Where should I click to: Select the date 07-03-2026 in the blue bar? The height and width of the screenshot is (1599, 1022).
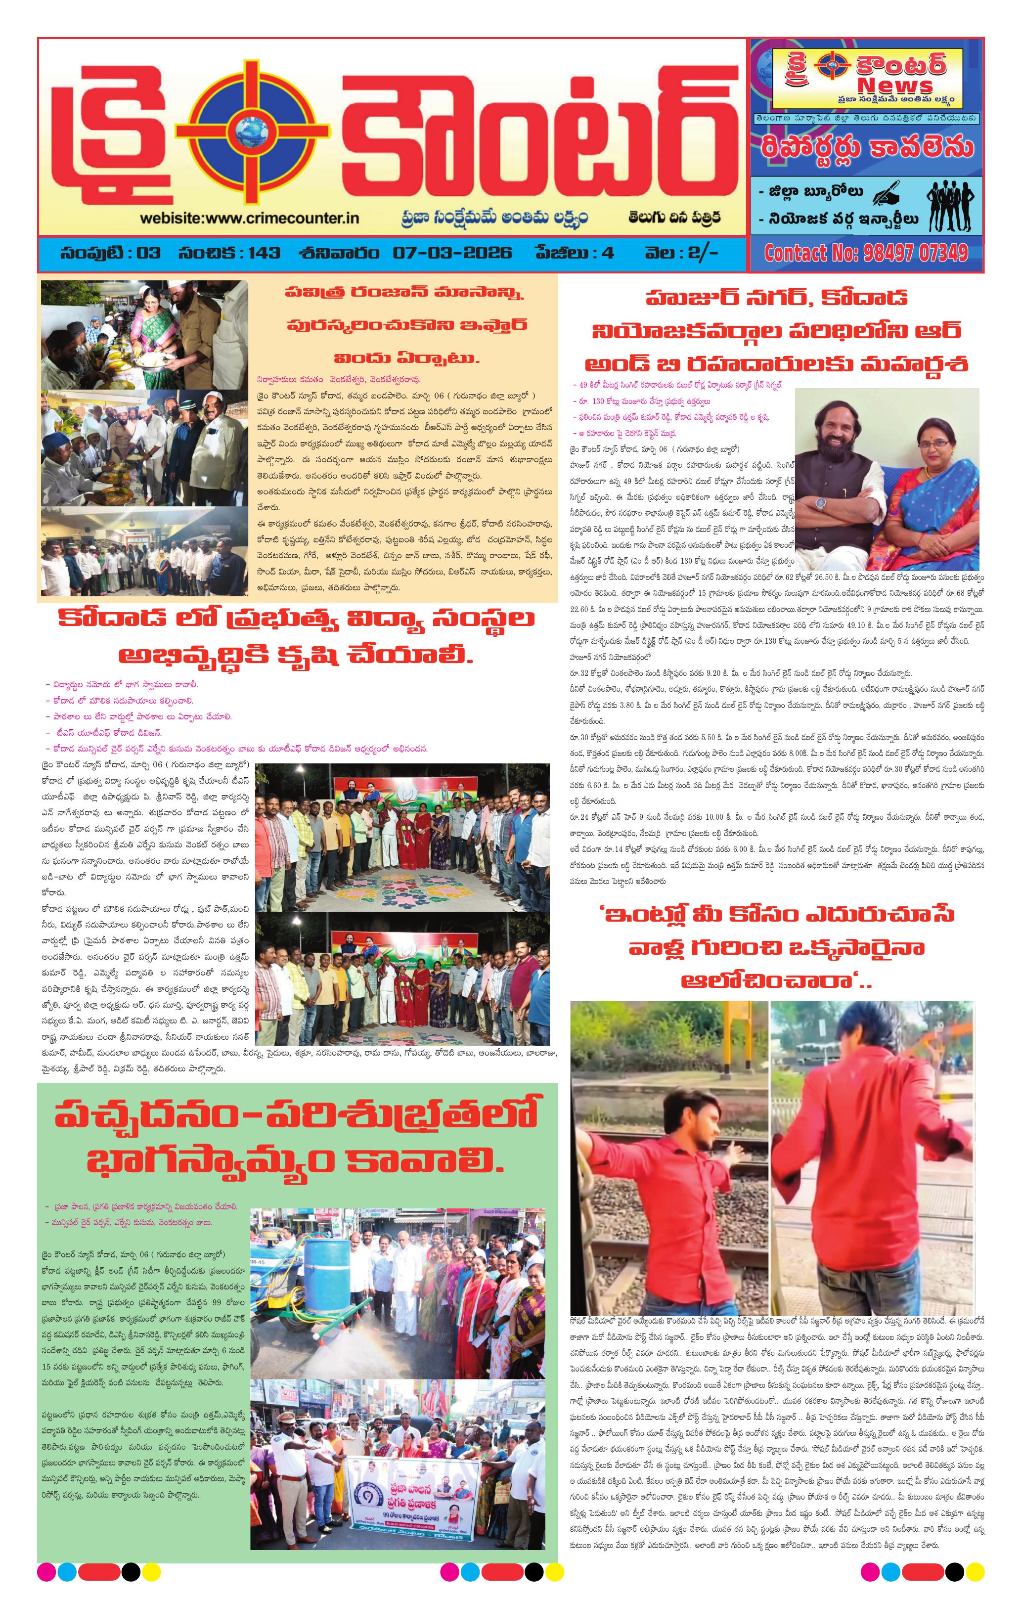pos(452,253)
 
